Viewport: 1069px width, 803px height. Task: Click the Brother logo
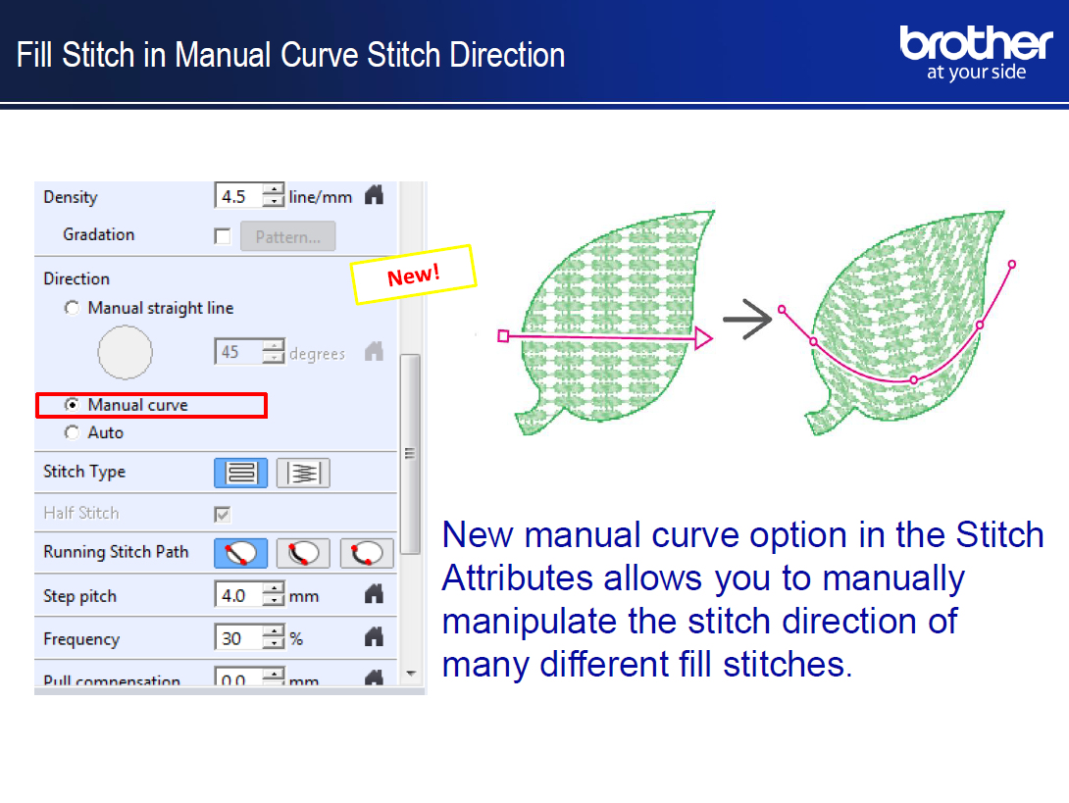pyautogui.click(x=976, y=53)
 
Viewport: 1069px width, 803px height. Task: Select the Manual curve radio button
pyautogui.click(x=72, y=405)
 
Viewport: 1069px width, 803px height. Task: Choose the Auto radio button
pyautogui.click(x=72, y=432)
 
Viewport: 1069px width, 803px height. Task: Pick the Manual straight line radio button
pyautogui.click(x=72, y=308)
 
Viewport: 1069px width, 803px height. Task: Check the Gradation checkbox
pyautogui.click(x=223, y=236)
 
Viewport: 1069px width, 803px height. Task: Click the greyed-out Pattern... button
pyautogui.click(x=287, y=236)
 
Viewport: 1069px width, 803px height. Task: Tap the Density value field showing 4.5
pyautogui.click(x=239, y=196)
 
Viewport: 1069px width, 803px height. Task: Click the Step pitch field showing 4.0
pyautogui.click(x=239, y=596)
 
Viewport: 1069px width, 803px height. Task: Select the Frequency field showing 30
pyautogui.click(x=239, y=638)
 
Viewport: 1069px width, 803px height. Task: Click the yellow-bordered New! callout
pyautogui.click(x=413, y=275)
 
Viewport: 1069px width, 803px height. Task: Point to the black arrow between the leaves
pyautogui.click(x=747, y=319)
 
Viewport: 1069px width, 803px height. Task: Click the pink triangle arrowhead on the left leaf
pyautogui.click(x=703, y=338)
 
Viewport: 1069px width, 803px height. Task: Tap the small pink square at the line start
pyautogui.click(x=503, y=336)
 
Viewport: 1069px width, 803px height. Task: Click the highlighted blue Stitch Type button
pyautogui.click(x=240, y=473)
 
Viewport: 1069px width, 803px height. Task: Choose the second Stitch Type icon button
pyautogui.click(x=303, y=473)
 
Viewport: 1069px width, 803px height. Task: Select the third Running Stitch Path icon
pyautogui.click(x=367, y=553)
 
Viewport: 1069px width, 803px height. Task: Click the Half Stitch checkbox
pyautogui.click(x=223, y=514)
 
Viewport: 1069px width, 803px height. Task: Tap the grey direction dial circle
pyautogui.click(x=125, y=352)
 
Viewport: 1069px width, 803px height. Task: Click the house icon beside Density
pyautogui.click(x=375, y=196)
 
